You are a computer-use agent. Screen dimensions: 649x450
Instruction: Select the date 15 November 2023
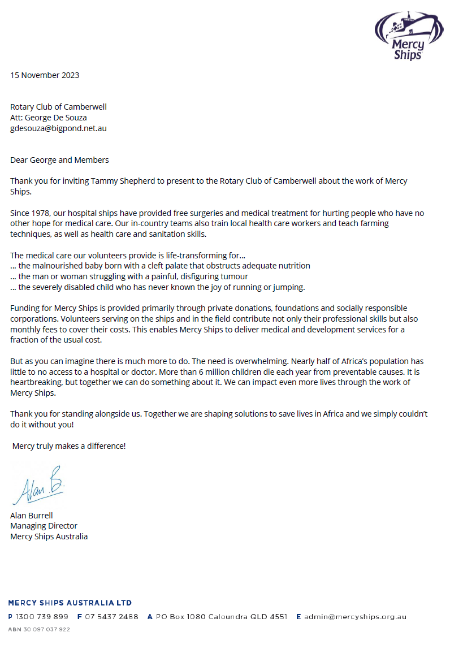click(45, 75)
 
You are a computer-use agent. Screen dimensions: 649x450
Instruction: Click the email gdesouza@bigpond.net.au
click(58, 128)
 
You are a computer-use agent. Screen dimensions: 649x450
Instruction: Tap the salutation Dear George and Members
click(59, 160)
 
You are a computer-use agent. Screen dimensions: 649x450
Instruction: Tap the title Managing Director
click(44, 526)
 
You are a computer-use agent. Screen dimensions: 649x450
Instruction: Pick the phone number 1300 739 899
click(42, 617)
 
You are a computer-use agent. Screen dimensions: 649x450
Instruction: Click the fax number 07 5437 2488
click(111, 617)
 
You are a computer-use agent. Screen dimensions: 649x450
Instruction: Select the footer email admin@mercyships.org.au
click(355, 617)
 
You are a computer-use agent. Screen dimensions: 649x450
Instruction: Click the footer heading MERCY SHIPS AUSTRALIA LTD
click(70, 603)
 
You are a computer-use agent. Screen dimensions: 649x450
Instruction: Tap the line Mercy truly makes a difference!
click(69, 446)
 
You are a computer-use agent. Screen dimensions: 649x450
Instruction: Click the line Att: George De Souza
click(49, 118)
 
